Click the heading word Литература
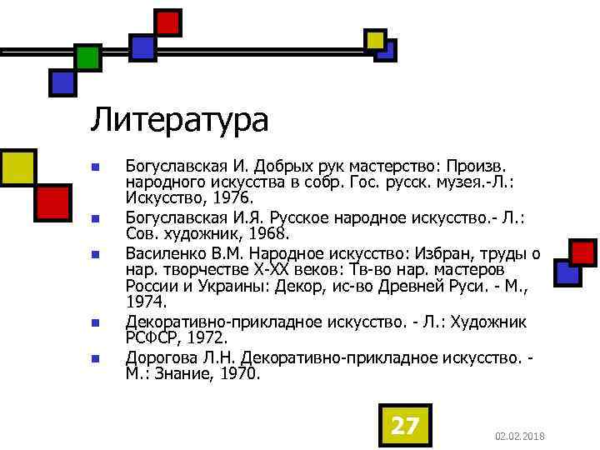click(179, 120)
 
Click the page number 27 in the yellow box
click(405, 426)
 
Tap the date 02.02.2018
click(519, 437)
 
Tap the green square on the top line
click(87, 57)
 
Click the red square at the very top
click(168, 22)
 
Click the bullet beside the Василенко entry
click(96, 253)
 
